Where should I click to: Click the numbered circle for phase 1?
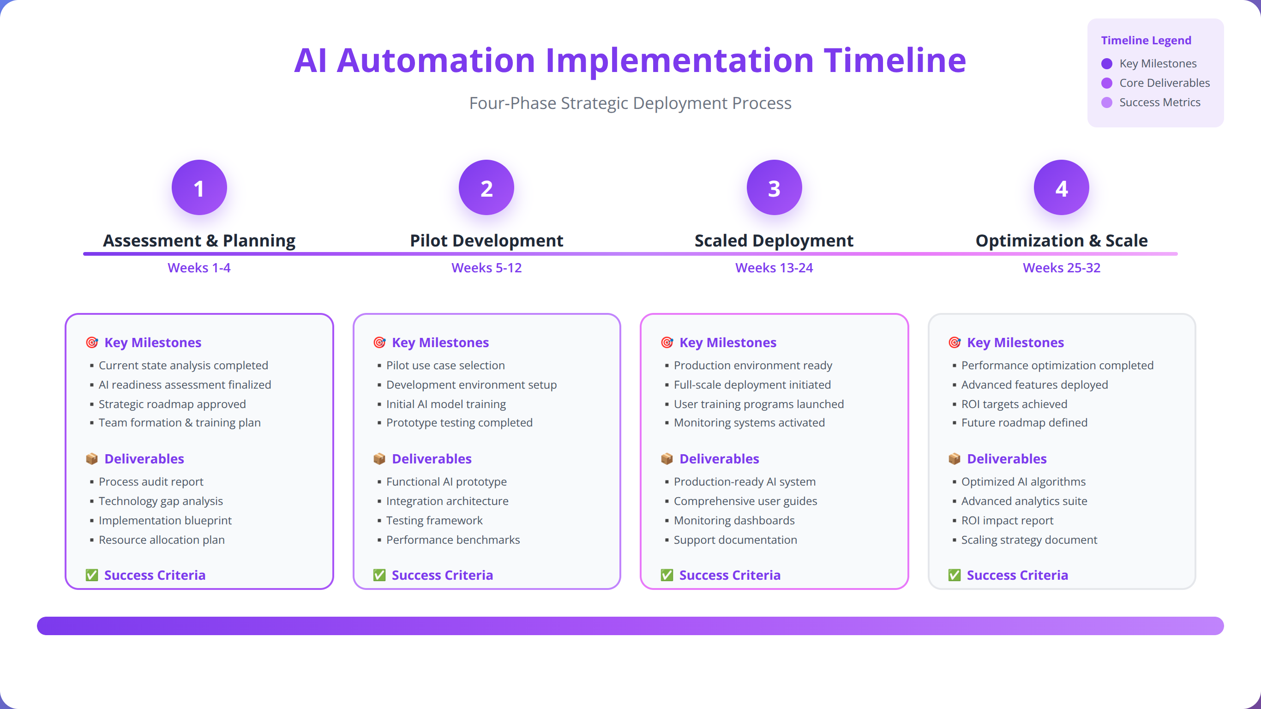(199, 187)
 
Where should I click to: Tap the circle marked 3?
(774, 187)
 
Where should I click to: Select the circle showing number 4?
(1061, 187)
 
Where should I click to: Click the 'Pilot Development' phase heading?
(486, 240)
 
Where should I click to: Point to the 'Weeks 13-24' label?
(774, 268)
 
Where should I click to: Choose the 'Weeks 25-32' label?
(1061, 268)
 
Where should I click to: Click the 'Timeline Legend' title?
(1146, 40)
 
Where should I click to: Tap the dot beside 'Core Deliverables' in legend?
(1106, 83)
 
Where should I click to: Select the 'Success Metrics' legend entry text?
(1159, 102)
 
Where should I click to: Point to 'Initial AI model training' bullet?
(446, 404)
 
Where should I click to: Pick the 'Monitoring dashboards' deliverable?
(734, 521)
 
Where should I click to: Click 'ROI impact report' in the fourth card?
(1007, 521)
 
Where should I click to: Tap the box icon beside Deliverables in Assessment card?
(91, 459)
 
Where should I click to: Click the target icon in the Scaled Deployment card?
(667, 342)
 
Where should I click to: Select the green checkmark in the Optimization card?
(954, 575)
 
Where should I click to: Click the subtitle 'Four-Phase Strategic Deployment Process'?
(630, 103)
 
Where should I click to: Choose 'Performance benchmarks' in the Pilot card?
(453, 540)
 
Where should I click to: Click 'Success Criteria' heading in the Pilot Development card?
(442, 575)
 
